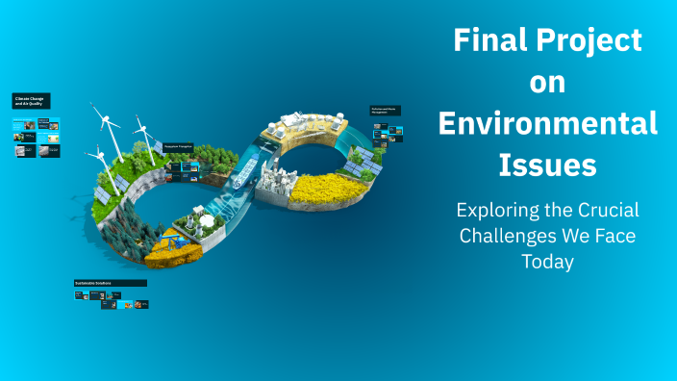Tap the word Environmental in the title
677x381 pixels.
tap(547, 124)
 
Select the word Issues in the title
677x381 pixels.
tap(547, 165)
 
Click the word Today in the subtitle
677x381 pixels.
tap(547, 262)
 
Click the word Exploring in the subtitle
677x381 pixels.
tap(496, 210)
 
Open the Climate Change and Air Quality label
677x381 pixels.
tap(31, 100)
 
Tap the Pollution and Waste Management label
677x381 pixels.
tap(386, 111)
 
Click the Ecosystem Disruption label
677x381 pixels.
tap(178, 146)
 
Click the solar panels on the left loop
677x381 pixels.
tap(103, 195)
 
